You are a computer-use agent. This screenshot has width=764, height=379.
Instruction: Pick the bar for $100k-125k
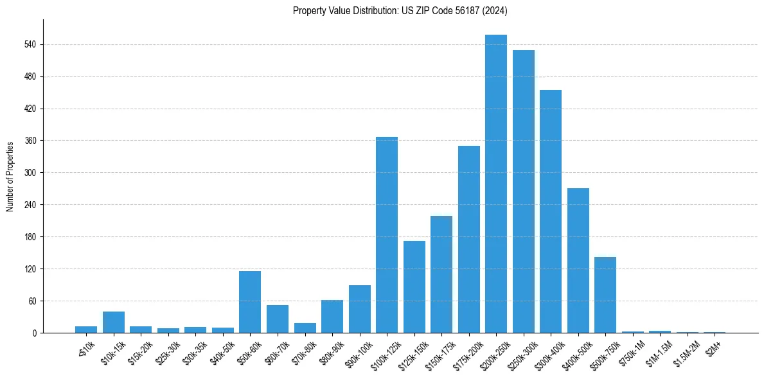click(x=387, y=235)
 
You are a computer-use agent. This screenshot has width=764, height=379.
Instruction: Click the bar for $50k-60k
click(x=250, y=302)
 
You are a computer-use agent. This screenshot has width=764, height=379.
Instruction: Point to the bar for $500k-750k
click(x=605, y=295)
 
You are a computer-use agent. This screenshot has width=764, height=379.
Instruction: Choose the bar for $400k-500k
click(x=578, y=260)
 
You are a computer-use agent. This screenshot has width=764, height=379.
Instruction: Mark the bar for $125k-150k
click(x=414, y=287)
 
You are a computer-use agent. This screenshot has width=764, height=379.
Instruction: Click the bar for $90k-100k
click(x=360, y=309)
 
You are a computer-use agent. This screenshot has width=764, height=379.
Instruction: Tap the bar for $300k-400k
click(x=551, y=211)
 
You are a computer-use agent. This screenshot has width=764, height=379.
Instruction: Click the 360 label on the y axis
click(x=31, y=141)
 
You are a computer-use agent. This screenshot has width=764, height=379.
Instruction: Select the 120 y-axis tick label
click(x=31, y=269)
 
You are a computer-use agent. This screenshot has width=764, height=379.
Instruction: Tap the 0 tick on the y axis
click(x=35, y=333)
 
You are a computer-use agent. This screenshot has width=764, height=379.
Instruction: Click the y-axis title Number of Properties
click(x=10, y=176)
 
